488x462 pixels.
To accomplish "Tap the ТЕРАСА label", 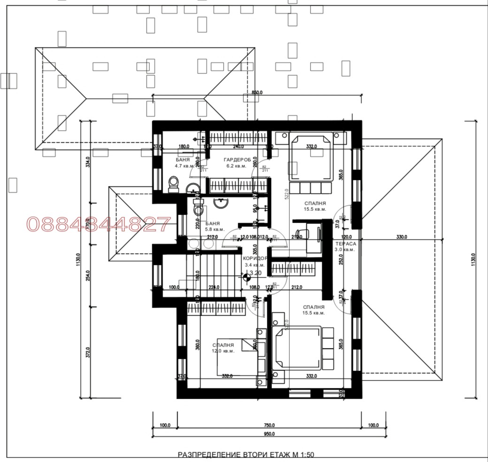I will [x=345, y=244].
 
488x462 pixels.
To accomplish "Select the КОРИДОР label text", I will [x=255, y=258].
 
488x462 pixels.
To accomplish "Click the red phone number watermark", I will [x=98, y=224].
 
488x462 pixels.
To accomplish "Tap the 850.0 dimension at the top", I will [x=256, y=93].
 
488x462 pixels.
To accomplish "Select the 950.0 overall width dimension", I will [x=269, y=434].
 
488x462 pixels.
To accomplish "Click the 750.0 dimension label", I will [x=269, y=425].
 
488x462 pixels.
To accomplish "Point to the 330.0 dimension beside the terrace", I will [x=402, y=238].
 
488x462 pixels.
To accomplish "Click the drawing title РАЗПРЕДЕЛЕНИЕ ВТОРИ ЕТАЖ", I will [x=246, y=454].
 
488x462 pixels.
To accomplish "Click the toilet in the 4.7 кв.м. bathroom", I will [x=173, y=184].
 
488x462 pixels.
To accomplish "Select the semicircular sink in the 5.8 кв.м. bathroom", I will [x=221, y=203].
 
